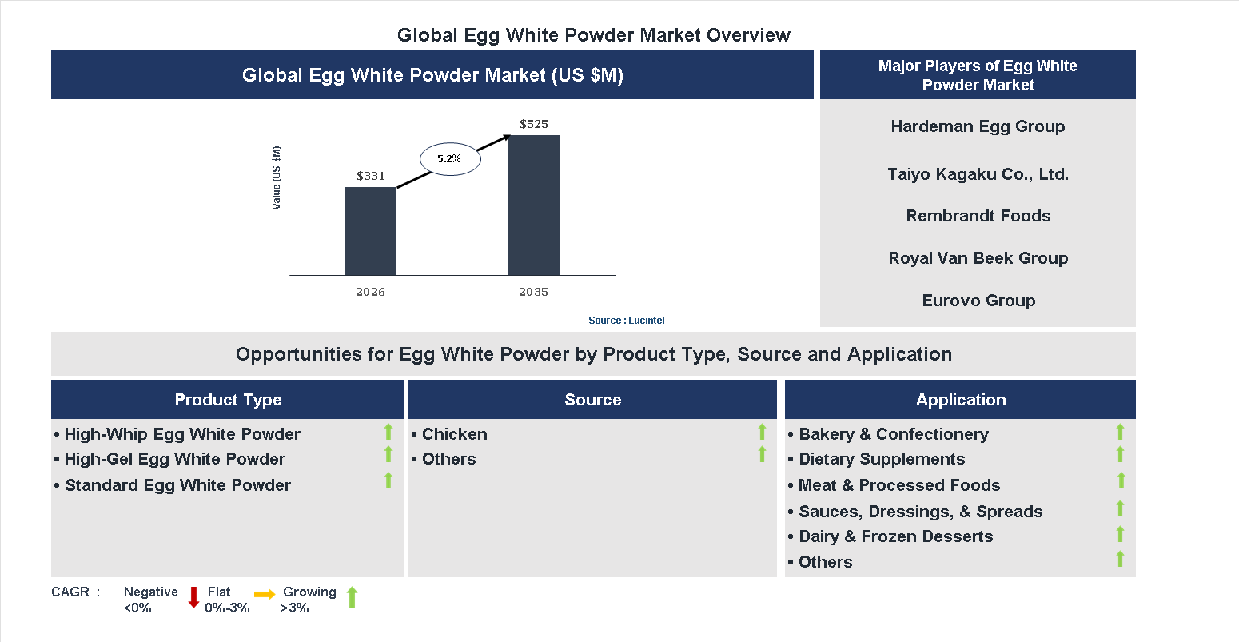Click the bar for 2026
370,231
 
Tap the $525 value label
534,124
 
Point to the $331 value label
371,176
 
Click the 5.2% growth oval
450,159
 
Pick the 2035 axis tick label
533,292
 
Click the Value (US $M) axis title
277,178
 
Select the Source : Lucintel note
626,321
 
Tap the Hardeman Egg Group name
978,126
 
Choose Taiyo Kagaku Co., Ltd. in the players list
978,174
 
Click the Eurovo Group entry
978,301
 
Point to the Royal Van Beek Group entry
978,258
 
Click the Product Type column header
228,400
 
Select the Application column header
961,400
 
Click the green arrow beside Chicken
762,432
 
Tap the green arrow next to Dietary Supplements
1120,455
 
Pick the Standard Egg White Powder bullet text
177,485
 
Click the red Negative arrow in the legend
193,597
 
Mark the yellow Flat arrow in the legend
265,594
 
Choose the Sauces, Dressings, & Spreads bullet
920,512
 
